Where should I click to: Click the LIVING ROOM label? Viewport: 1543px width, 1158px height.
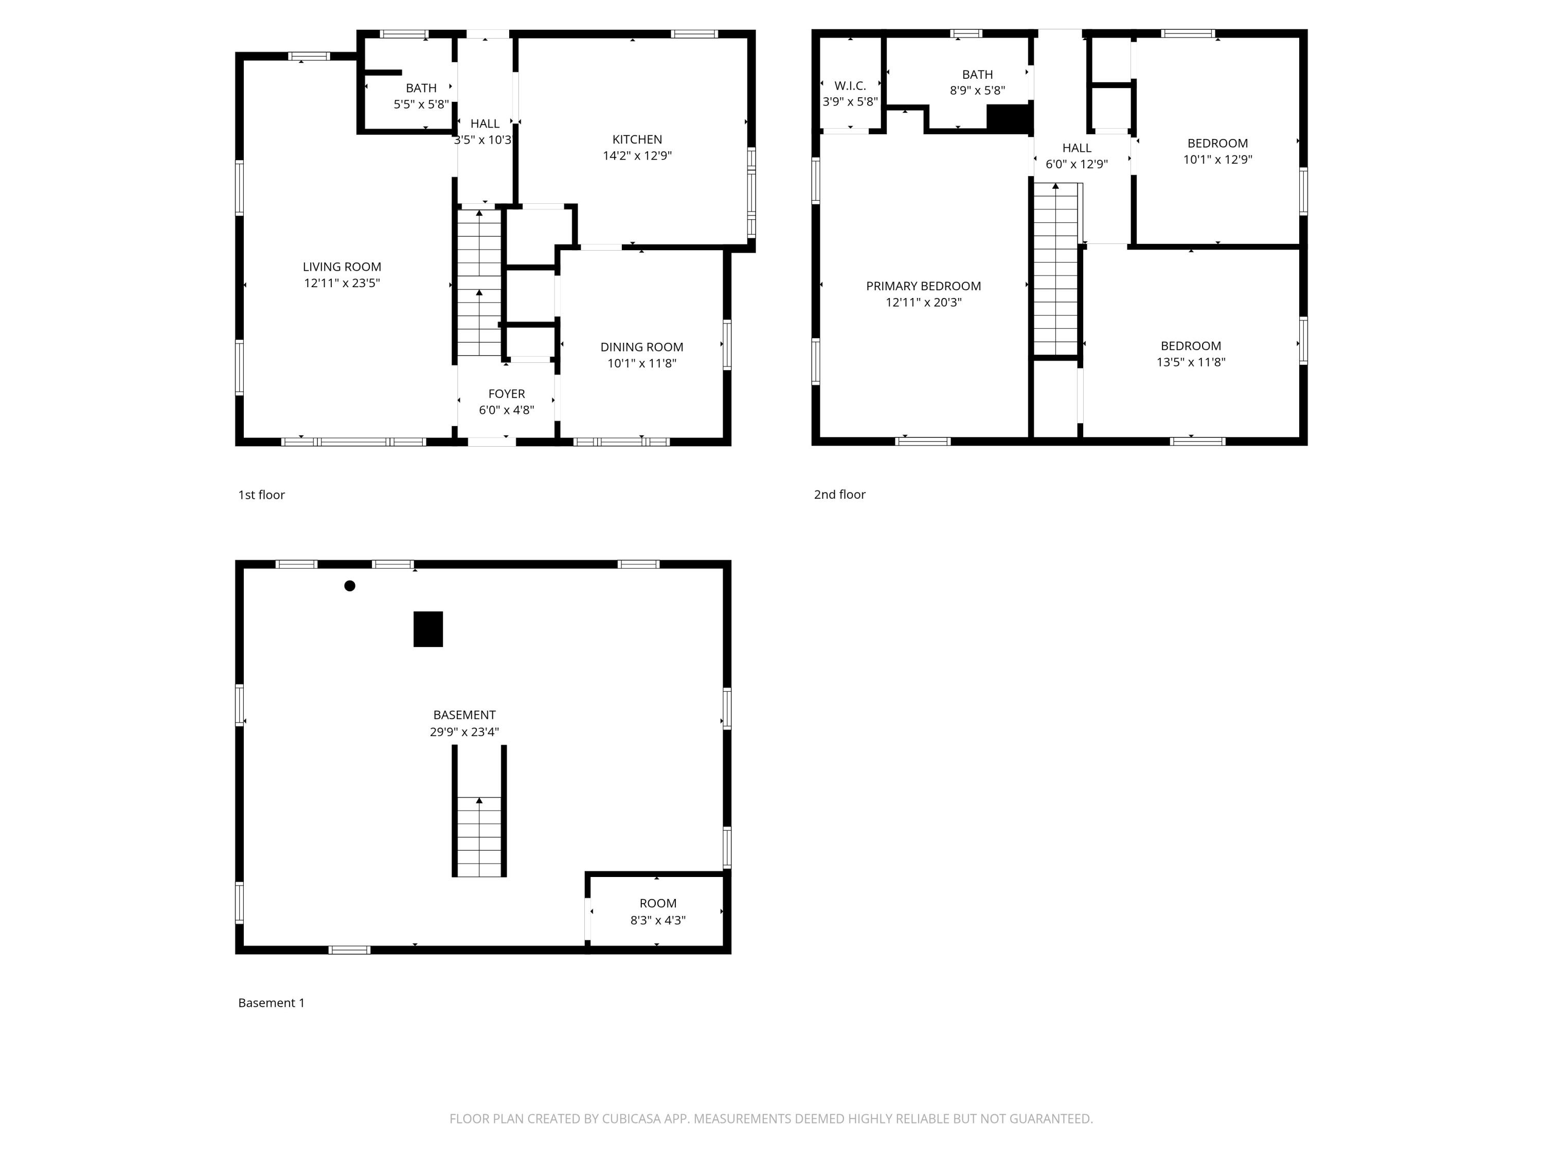[342, 267]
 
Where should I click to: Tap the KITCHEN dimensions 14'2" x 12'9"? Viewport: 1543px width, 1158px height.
[637, 155]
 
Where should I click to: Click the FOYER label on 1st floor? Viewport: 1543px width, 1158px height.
[507, 394]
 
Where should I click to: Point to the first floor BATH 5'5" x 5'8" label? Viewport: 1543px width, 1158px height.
[421, 96]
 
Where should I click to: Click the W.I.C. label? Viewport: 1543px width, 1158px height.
[850, 86]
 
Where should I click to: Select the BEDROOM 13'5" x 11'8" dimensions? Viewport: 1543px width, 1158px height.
[1190, 362]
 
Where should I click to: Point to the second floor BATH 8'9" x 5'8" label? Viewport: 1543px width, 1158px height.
[977, 82]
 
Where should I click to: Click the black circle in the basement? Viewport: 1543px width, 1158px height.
[349, 586]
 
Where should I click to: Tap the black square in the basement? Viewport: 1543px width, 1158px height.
[427, 629]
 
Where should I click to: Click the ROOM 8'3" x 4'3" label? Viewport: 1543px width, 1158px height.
[657, 911]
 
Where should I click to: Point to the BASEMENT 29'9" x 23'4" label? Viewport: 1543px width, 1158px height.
[464, 723]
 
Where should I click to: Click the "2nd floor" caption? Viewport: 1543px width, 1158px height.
[839, 494]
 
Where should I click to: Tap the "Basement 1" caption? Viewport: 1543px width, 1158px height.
[272, 1003]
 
